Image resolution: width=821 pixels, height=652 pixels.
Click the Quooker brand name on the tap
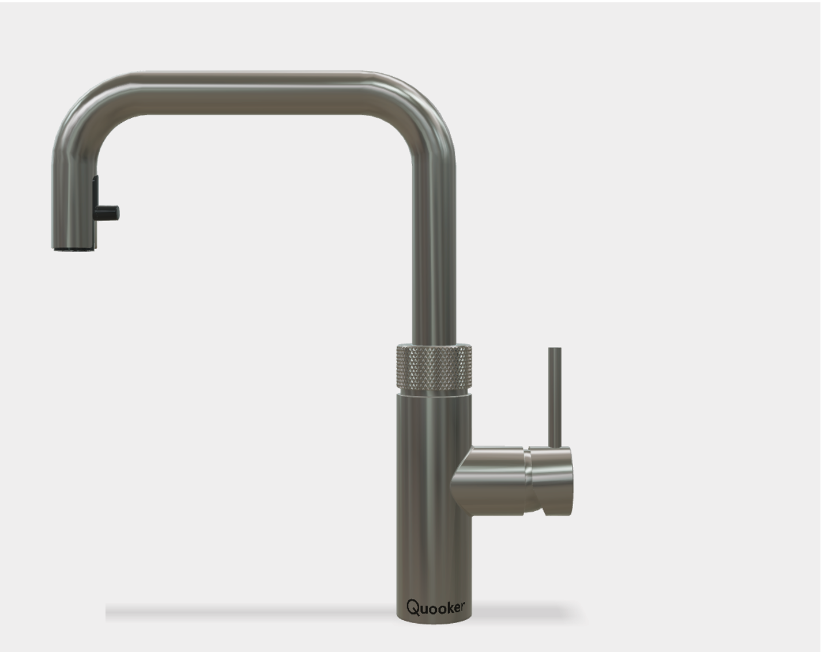[435, 607]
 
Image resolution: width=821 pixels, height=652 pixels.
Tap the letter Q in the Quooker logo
[413, 607]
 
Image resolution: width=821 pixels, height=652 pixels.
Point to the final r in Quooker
[462, 607]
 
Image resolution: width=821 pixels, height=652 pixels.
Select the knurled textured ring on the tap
[434, 366]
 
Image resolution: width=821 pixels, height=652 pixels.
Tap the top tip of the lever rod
[555, 349]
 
